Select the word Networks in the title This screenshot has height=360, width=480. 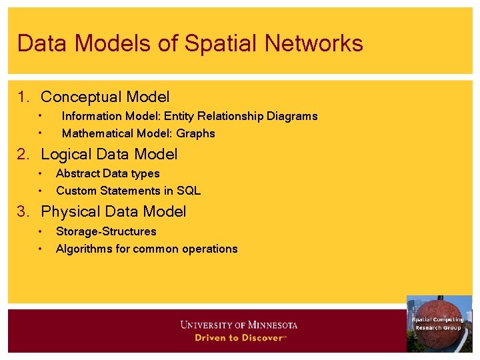pyautogui.click(x=314, y=43)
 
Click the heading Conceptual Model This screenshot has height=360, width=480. pyautogui.click(x=105, y=97)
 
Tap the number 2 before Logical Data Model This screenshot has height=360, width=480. pyautogui.click(x=23, y=155)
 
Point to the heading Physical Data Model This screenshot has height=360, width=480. pyautogui.click(x=113, y=212)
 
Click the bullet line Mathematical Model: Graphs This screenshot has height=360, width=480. pyautogui.click(x=138, y=133)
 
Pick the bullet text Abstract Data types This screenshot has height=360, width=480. pyautogui.click(x=107, y=173)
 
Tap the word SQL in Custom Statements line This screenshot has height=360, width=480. pyautogui.click(x=189, y=191)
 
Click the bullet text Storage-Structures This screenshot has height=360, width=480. pyautogui.click(x=106, y=231)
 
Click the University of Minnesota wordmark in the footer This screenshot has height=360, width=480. pyautogui.click(x=239, y=325)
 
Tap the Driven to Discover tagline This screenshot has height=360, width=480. pyautogui.click(x=240, y=337)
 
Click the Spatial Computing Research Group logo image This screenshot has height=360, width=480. pyautogui.click(x=439, y=324)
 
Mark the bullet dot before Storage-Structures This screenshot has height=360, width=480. pyautogui.click(x=40, y=232)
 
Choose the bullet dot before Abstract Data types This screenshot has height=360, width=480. pyautogui.click(x=40, y=174)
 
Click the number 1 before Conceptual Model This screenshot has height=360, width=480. pyautogui.click(x=23, y=97)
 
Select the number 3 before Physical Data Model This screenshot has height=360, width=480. pyautogui.click(x=23, y=212)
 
